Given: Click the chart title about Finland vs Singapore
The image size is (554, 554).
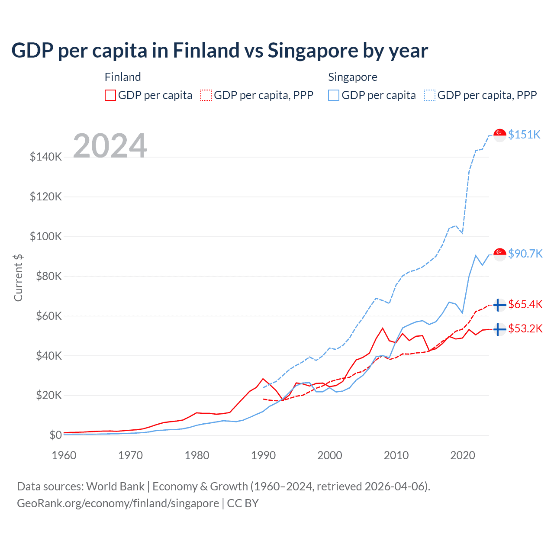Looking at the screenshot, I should coord(219,51).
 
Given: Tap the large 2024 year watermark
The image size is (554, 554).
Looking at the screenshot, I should coord(110,146).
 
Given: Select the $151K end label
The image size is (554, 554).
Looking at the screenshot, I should coord(524,135).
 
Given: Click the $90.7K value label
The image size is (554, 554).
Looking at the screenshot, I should coord(525,254).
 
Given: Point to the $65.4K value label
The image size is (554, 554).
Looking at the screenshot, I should coord(525,304).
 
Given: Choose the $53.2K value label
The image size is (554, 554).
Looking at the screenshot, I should coord(525,329).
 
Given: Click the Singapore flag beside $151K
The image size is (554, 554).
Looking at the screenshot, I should coord(500,135).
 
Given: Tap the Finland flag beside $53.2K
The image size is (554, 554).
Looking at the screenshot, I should coord(500,329).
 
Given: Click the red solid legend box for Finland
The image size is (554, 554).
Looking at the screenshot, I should coord(110,95).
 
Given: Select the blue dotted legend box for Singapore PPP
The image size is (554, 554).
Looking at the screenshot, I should coord(430,95).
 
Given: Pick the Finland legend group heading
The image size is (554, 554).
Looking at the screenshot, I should coord(123,77).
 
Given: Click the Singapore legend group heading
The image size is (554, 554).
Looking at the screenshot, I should coord(353,77).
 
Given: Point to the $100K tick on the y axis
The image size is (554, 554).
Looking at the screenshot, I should coord(46,236).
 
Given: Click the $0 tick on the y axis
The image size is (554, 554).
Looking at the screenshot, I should coord(55,435).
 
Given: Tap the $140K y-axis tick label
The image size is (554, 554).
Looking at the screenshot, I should coord(46,157).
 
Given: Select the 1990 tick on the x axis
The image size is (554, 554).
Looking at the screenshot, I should coord(263,455).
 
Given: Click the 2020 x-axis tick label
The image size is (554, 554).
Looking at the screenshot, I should coord(463,455).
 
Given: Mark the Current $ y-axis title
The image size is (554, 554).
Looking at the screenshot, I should coord(18,277).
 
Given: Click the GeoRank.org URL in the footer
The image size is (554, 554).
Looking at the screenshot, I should coord(118,503).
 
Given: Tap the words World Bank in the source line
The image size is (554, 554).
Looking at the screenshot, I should coord(115,486).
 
